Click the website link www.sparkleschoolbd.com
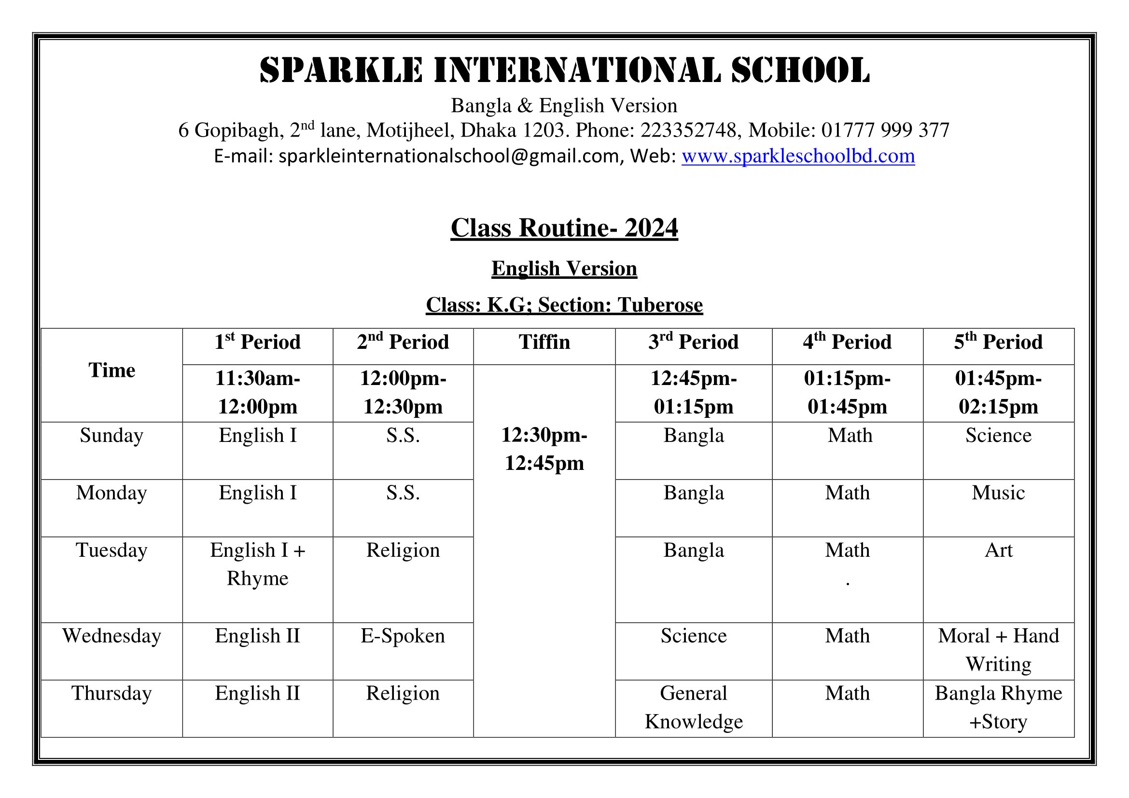point(797,156)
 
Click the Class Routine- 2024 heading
point(564,228)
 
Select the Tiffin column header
point(544,342)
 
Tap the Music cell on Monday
point(998,493)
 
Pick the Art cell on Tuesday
point(998,550)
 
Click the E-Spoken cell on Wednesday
point(403,636)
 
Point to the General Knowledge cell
point(693,707)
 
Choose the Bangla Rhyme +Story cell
point(998,707)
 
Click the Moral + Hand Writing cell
point(998,649)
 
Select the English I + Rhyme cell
point(258,564)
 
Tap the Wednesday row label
point(112,636)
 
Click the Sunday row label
point(112,435)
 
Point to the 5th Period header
point(998,342)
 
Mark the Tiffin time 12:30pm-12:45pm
point(544,449)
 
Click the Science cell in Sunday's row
point(998,435)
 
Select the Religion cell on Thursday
point(403,693)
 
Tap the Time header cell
point(112,370)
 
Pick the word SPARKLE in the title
point(341,70)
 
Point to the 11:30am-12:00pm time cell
point(258,392)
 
